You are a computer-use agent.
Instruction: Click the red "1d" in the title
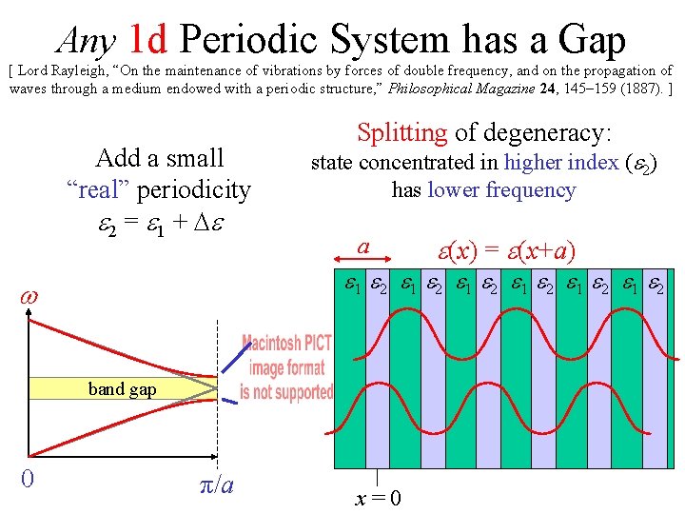pyautogui.click(x=148, y=39)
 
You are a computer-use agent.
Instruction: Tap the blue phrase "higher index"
pyautogui.click(x=561, y=163)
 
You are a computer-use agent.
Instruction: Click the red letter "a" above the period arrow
pyautogui.click(x=362, y=247)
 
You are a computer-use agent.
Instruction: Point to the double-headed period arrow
pyautogui.click(x=362, y=260)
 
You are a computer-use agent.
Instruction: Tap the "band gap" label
pyautogui.click(x=122, y=388)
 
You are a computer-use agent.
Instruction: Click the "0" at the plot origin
pyautogui.click(x=28, y=478)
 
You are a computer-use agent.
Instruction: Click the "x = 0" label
pyautogui.click(x=378, y=498)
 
